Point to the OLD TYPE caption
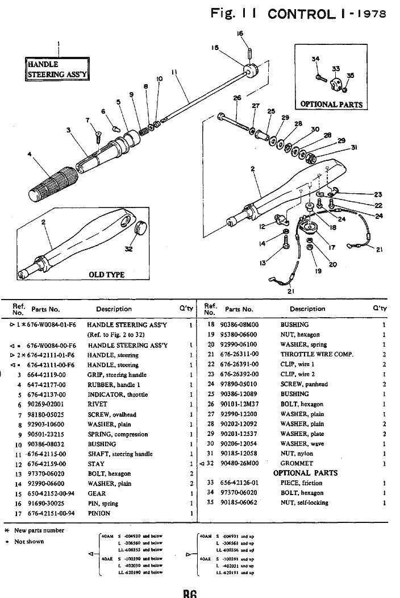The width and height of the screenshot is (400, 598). point(106,275)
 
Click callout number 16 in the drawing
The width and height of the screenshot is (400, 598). point(240,34)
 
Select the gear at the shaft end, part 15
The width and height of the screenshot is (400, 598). point(251,71)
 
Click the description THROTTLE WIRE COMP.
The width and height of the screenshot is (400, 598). point(316,354)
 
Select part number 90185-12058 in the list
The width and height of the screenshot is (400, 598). point(239,454)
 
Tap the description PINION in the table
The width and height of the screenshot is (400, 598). point(99,513)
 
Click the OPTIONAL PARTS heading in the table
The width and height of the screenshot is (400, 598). point(305,473)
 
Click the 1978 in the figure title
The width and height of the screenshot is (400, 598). point(373,14)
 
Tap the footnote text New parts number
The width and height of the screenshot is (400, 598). point(39,530)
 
